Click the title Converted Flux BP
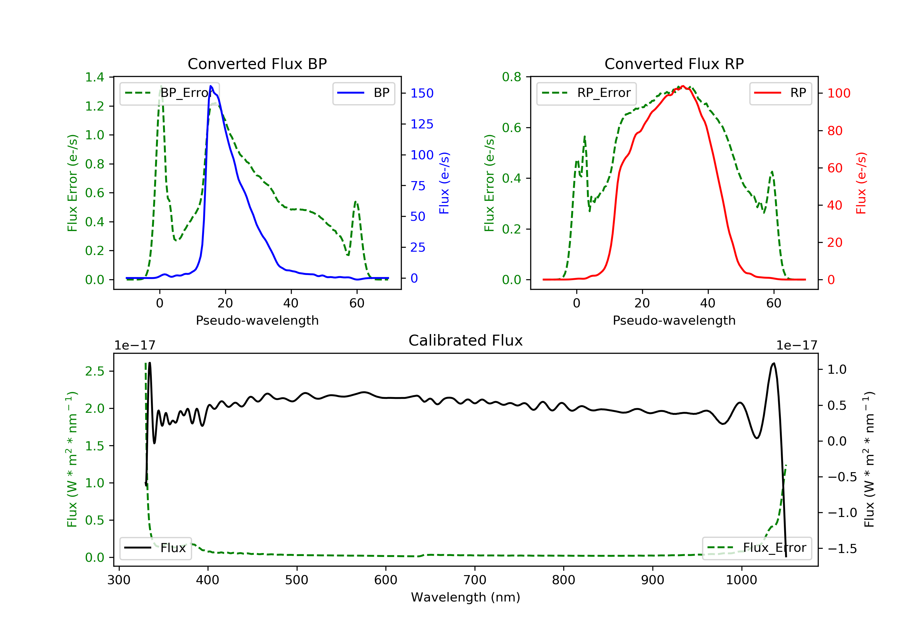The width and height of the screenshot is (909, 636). (x=257, y=64)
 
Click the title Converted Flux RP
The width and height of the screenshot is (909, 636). (x=674, y=64)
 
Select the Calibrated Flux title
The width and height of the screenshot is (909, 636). (x=466, y=340)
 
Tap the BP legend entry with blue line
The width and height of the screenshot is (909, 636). (x=363, y=93)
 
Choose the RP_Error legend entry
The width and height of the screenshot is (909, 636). (x=586, y=93)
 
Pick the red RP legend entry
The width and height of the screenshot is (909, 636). (x=780, y=93)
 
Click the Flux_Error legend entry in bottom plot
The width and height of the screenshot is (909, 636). (x=757, y=548)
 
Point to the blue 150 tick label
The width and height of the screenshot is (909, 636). (x=422, y=93)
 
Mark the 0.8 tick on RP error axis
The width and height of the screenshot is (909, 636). (x=511, y=77)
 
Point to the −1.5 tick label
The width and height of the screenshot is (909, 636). (x=842, y=548)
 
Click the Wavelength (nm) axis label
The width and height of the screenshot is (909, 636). (x=466, y=597)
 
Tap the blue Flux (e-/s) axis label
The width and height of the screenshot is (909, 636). (x=444, y=183)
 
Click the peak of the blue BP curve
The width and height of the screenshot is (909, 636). (x=211, y=86)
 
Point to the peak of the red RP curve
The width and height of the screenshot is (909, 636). (x=683, y=86)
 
